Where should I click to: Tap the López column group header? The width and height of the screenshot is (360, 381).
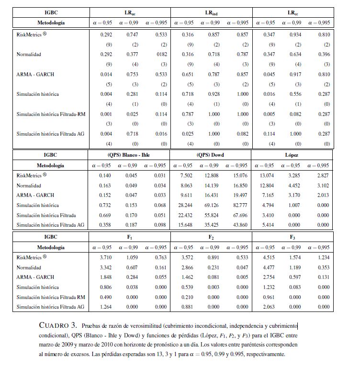click(x=292, y=155)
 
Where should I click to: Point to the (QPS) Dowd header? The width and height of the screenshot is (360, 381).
click(x=210, y=155)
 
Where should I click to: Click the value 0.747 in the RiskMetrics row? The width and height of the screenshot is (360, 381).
click(x=133, y=35)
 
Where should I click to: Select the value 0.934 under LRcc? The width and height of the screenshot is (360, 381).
click(x=295, y=35)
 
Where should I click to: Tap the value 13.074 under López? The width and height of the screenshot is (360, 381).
click(x=267, y=176)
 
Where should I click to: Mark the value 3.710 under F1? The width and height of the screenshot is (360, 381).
click(x=106, y=257)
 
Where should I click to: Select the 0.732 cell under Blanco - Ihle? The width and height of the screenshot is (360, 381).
click(x=106, y=205)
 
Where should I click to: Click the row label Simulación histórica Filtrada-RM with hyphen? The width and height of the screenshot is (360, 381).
click(x=50, y=114)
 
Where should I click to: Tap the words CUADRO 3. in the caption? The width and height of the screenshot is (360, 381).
click(x=56, y=325)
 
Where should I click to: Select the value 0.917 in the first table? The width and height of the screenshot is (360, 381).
click(x=295, y=74)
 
